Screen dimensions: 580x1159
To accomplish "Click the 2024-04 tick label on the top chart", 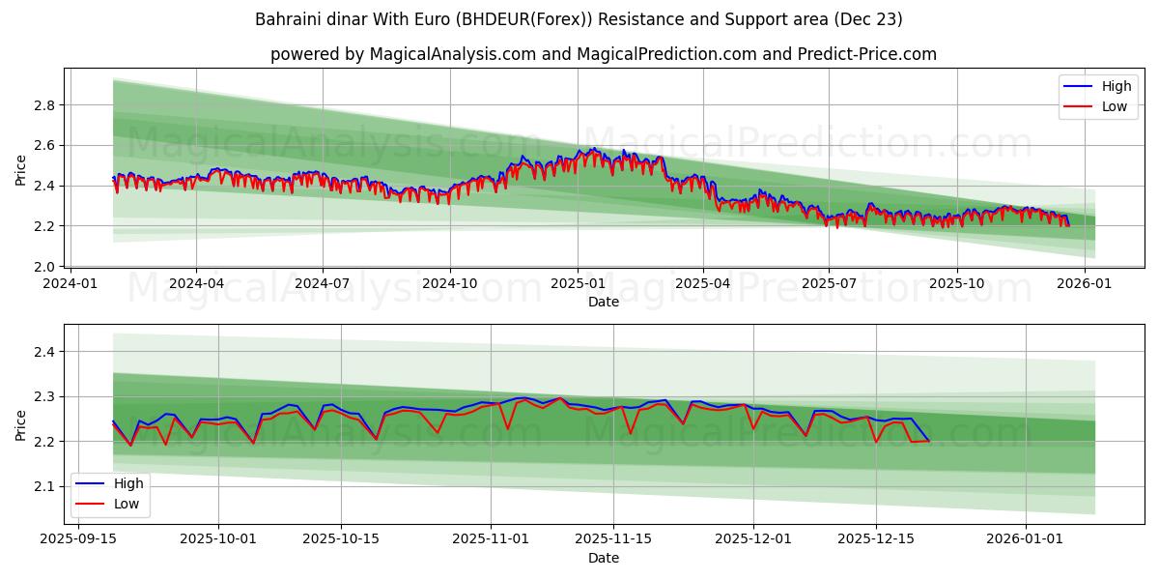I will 196,283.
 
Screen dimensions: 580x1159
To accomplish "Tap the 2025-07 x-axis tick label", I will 828,283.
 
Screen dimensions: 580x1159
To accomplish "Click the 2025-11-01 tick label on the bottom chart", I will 489,539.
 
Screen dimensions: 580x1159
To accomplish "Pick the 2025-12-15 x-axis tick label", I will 875,539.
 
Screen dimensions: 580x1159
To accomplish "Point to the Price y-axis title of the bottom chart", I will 21,424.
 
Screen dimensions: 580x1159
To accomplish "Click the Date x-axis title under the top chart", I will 604,302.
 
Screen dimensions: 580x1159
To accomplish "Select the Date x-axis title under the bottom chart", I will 604,558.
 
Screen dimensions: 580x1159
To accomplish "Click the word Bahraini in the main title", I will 286,19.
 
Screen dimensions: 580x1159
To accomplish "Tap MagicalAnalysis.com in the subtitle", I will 452,54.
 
